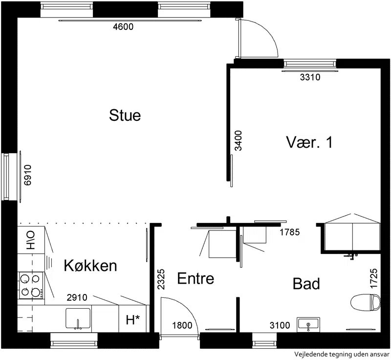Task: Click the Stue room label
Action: tap(125, 115)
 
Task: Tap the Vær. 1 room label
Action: tap(309, 142)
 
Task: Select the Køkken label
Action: tap(90, 266)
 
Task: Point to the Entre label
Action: tap(195, 278)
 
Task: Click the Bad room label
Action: tap(306, 284)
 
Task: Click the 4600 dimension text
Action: tap(123, 27)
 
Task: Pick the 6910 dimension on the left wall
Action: tap(28, 175)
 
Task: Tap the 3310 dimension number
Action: tap(310, 77)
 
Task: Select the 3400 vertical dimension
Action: tap(238, 141)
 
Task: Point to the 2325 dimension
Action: tap(161, 279)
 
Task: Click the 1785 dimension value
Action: tap(289, 232)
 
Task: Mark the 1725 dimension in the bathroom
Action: tap(373, 278)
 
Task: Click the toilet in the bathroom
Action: tap(365, 303)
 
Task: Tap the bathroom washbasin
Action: tap(308, 324)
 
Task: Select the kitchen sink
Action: tap(78, 318)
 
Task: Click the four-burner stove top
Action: tap(31, 285)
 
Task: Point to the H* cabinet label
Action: tap(132, 320)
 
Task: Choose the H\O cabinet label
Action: tap(31, 240)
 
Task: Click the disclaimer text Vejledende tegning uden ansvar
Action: tap(342, 354)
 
